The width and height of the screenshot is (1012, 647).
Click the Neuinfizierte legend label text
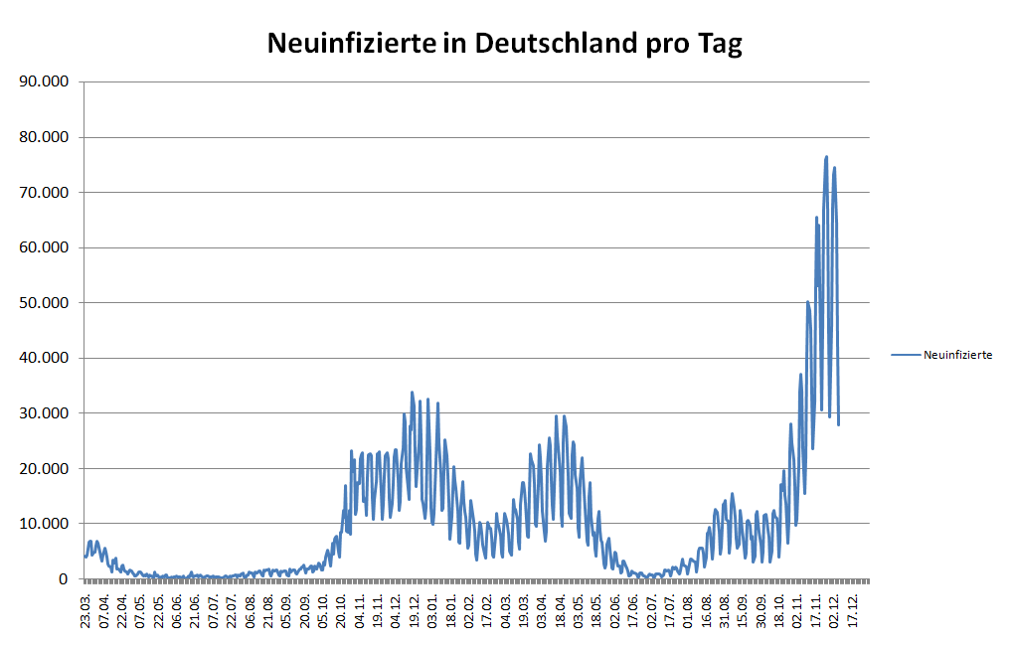point(958,354)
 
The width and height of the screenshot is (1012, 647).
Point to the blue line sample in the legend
point(906,354)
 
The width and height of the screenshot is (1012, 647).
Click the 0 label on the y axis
point(65,578)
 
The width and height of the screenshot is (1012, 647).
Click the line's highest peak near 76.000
point(826,157)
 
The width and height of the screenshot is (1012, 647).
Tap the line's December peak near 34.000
point(413,393)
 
